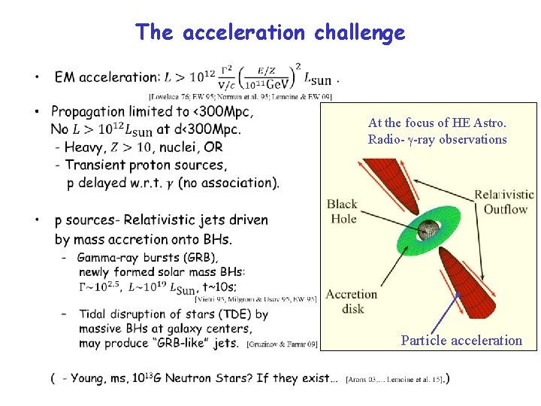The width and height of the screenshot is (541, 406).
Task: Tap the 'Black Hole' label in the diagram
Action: (x=342, y=211)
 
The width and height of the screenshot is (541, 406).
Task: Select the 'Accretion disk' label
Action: (x=352, y=301)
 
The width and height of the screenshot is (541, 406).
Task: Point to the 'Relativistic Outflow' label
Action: (x=504, y=201)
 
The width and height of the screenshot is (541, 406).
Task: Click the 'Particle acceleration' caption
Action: (x=461, y=341)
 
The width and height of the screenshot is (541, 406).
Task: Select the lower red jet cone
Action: (x=471, y=284)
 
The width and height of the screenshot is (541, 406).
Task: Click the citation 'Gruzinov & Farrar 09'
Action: (x=282, y=345)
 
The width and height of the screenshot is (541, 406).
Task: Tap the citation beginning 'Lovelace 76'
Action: (x=240, y=96)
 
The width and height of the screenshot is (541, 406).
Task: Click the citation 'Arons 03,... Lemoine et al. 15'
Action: (x=395, y=379)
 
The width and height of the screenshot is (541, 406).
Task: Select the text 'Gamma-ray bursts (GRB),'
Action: (x=131, y=257)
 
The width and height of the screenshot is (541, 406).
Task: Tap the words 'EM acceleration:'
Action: (x=107, y=77)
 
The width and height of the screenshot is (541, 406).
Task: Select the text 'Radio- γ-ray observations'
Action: (x=437, y=139)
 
